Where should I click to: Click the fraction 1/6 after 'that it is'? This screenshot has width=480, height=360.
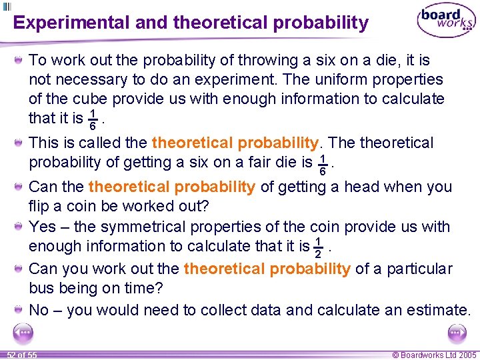coord(94,119)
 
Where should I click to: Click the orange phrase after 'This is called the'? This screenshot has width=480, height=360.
coord(235,143)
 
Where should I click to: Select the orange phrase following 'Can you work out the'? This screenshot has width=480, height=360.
coord(267,269)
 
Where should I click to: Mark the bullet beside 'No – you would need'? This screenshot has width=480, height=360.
coord(20,310)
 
